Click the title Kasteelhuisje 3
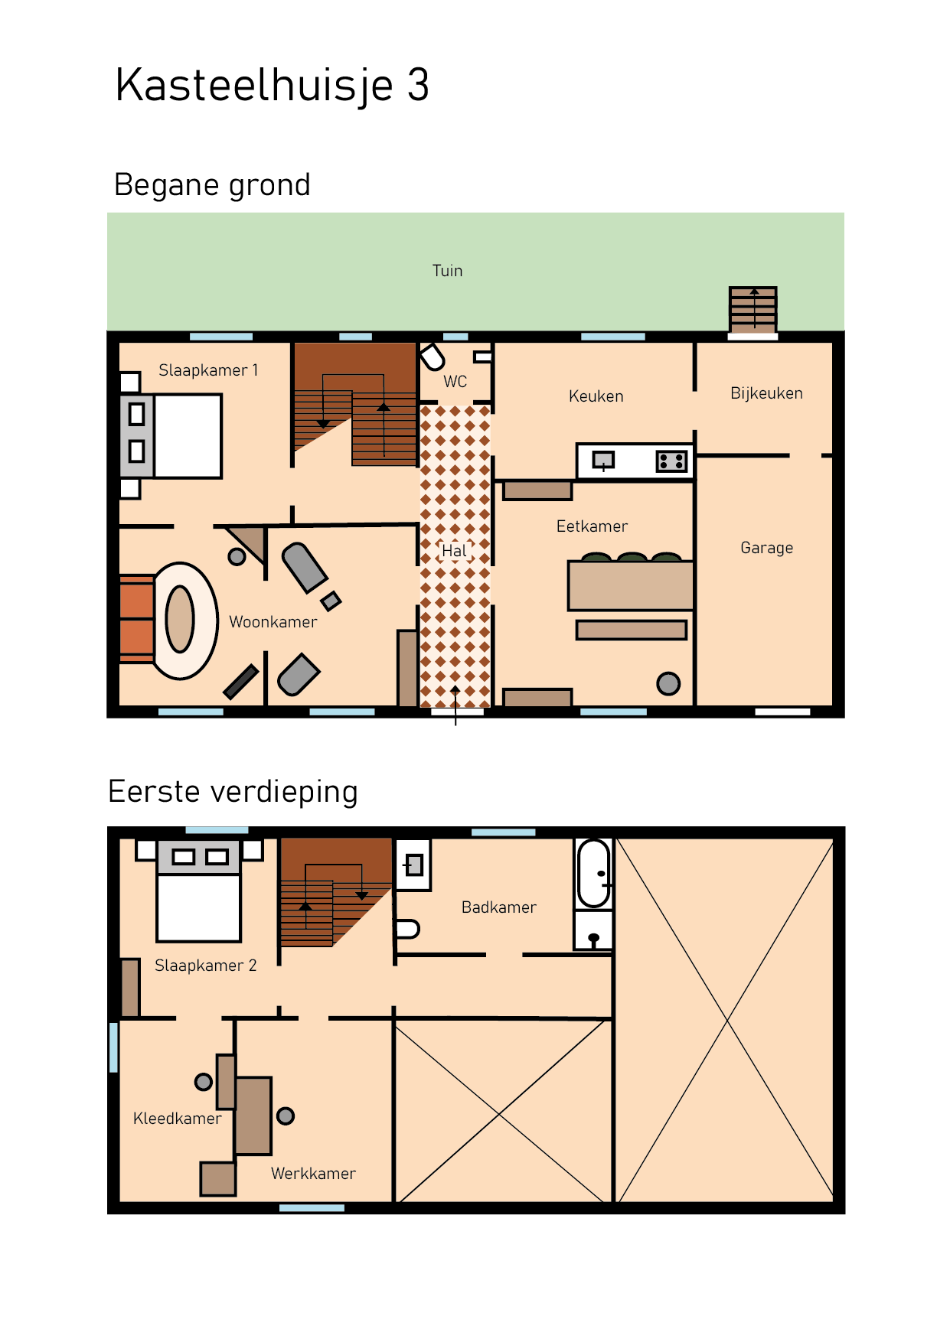coord(272,85)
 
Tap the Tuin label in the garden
coord(447,271)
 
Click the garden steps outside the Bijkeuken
coord(753,309)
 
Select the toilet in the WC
coord(433,357)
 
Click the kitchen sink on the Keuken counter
coord(603,461)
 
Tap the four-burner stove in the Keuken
coord(671,461)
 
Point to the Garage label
coord(766,548)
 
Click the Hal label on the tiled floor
coord(454,551)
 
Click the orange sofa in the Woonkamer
coord(136,618)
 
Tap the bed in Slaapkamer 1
coord(187,436)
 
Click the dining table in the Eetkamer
coord(630,585)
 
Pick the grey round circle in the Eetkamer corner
coord(668,683)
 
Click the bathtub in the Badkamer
coord(594,874)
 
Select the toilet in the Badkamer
coord(406,929)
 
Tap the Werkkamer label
coord(313,1174)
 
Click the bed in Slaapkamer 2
coord(199,907)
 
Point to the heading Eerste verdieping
coord(233,792)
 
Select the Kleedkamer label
coord(177,1119)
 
